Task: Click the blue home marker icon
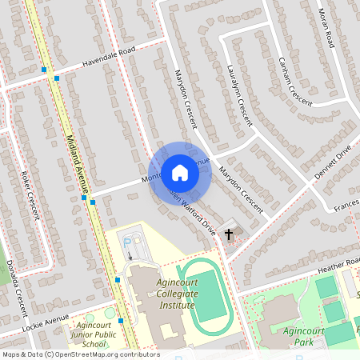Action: click(x=180, y=172)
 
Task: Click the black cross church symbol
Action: click(x=229, y=234)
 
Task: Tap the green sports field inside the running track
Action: click(x=207, y=295)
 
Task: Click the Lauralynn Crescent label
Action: click(x=238, y=95)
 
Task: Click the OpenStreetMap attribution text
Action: click(x=80, y=354)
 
